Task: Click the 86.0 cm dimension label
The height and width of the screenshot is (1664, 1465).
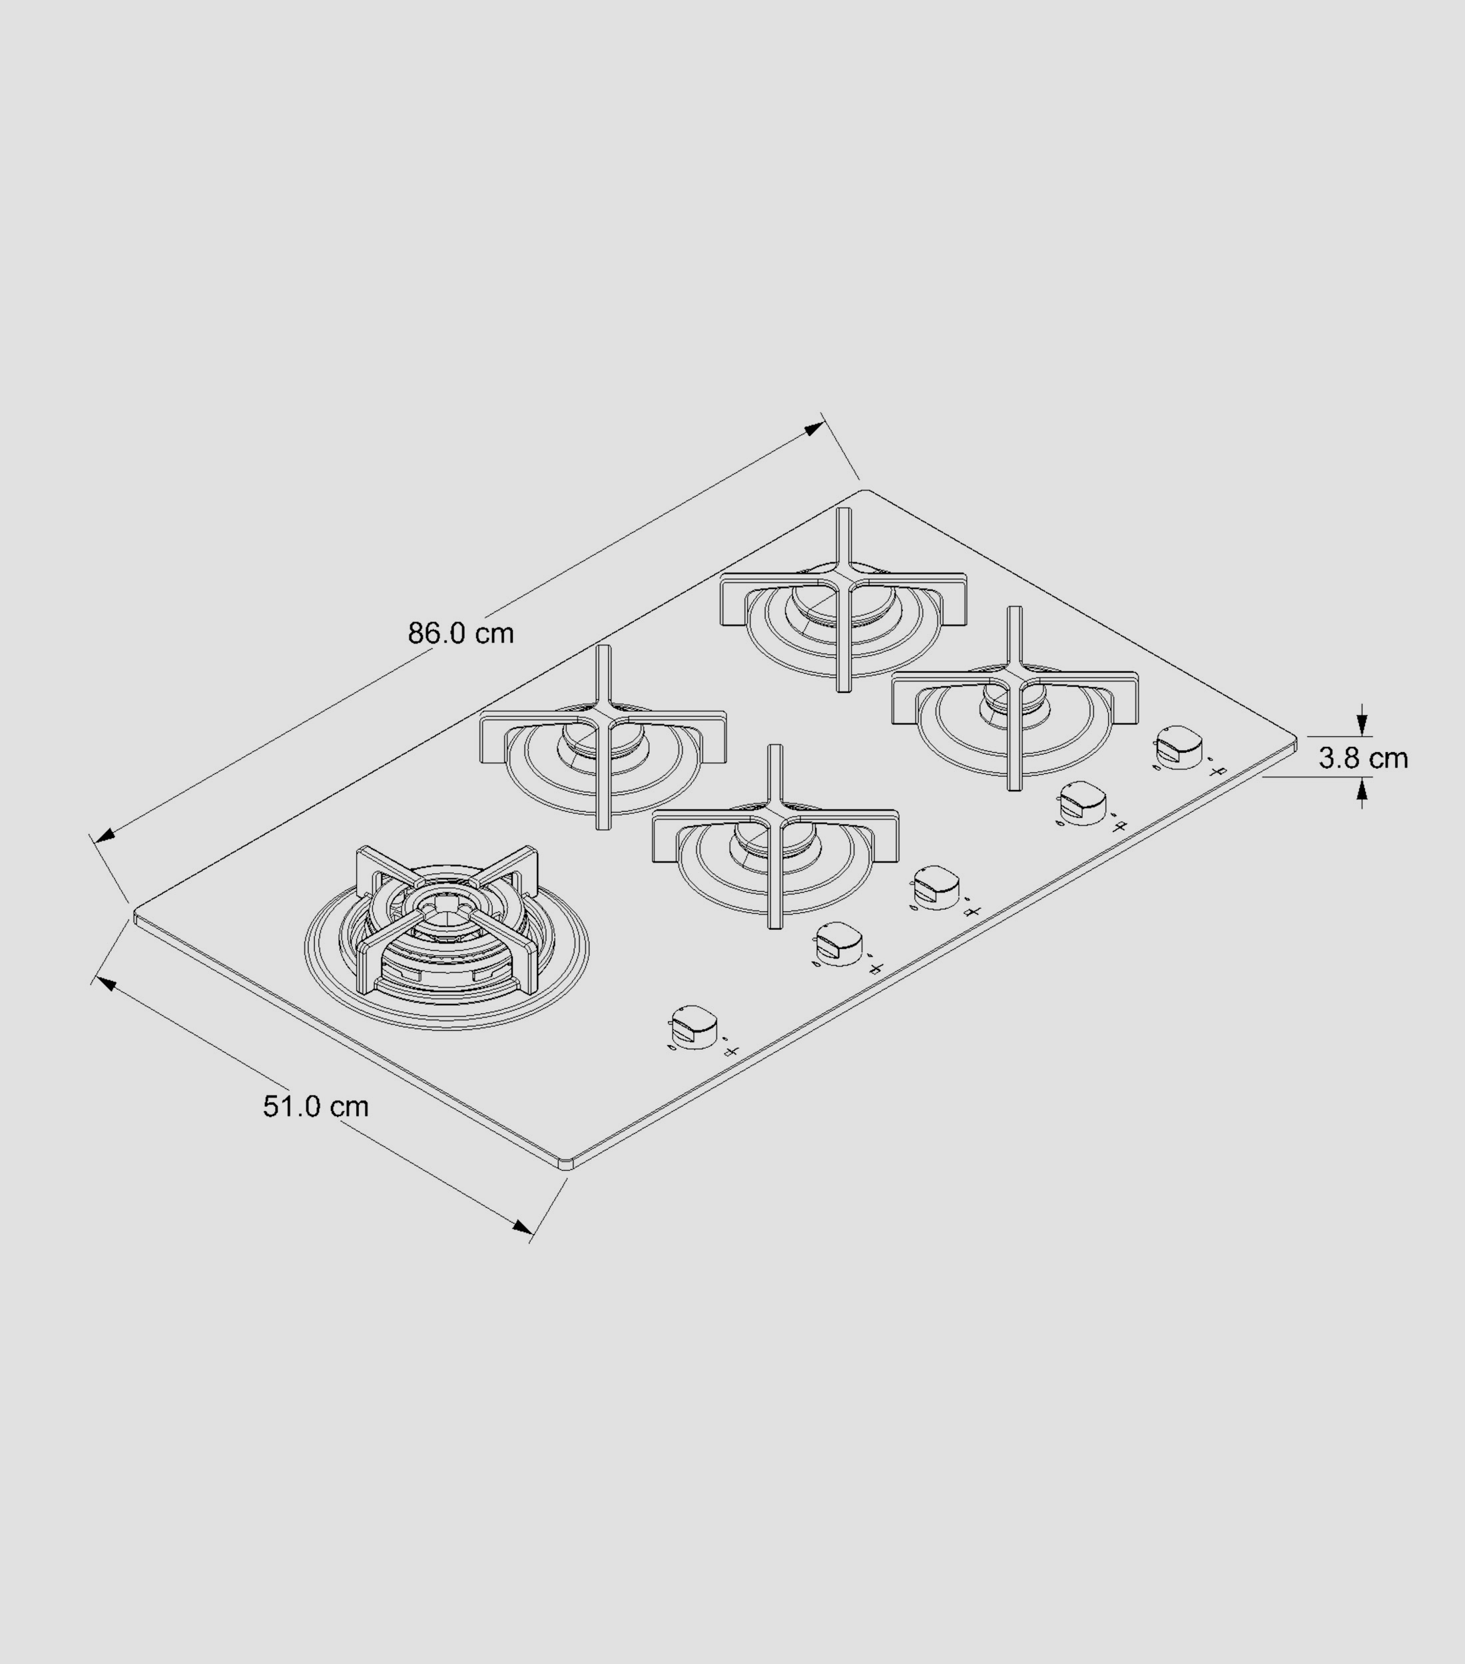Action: [461, 634]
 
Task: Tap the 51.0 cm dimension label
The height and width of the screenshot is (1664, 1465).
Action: [316, 1106]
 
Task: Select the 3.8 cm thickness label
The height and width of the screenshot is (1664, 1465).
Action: [1363, 758]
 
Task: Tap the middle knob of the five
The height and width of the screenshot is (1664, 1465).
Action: [936, 887]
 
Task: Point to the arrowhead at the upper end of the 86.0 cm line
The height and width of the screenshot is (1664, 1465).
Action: [814, 428]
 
